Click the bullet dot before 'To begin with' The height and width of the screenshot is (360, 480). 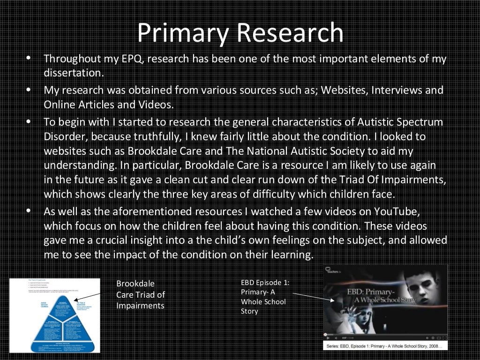tap(29, 121)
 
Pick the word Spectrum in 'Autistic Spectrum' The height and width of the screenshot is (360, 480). tap(418, 122)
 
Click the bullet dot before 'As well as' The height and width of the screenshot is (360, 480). tap(29, 210)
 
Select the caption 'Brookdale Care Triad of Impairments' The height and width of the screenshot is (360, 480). tap(141, 294)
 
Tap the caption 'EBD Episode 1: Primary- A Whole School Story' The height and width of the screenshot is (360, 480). tap(265, 297)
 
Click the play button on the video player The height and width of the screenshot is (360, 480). tap(326, 337)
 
